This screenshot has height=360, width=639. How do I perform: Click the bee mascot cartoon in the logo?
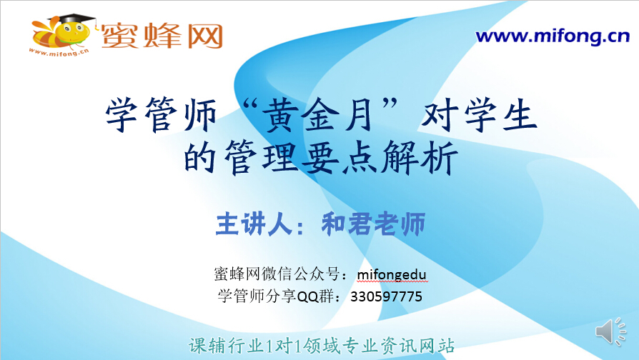pyautogui.click(x=61, y=34)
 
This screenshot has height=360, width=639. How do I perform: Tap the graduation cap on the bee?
pyautogui.click(x=71, y=19)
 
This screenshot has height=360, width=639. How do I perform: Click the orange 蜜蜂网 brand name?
pyautogui.click(x=162, y=36)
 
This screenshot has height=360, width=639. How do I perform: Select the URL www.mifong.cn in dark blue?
pyautogui.click(x=553, y=36)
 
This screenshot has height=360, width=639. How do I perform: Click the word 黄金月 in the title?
pyautogui.click(x=319, y=115)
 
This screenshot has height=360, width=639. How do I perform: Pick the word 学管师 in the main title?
pyautogui.click(x=161, y=115)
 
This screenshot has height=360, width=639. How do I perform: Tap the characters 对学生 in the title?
pyautogui.click(x=479, y=114)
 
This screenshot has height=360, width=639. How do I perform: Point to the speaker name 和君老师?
pyautogui.click(x=373, y=224)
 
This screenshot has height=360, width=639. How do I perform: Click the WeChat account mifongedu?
pyautogui.click(x=392, y=274)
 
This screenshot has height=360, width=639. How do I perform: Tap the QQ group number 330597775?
pyautogui.click(x=387, y=296)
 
